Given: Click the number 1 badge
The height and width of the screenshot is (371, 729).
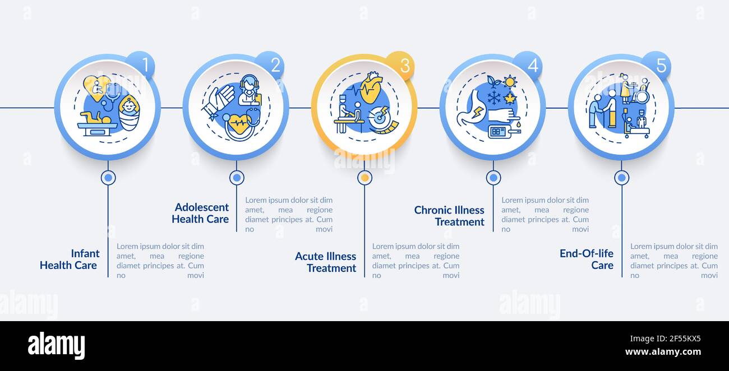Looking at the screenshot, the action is pos(141,64).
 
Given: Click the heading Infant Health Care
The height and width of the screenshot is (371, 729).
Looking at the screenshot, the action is pos(70,259).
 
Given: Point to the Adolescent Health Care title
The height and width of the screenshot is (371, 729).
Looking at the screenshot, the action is pos(201,213).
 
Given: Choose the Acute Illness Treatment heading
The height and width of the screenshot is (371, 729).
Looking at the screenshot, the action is pos(325,262).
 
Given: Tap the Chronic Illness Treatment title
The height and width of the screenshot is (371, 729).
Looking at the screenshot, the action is pos(449,216).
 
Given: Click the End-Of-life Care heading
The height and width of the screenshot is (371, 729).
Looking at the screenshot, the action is pos(587,259).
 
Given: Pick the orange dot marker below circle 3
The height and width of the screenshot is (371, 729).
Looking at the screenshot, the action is pos(365,178).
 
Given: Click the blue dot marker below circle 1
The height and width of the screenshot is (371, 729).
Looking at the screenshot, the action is pos(108,178).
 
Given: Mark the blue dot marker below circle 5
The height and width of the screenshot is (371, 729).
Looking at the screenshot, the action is pos(621,178).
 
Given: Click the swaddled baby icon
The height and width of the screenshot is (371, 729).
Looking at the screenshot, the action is pos(129,113).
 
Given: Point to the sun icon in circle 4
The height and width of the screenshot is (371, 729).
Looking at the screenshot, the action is pos(510,82).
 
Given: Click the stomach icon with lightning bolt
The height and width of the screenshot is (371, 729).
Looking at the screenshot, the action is pos(472,110).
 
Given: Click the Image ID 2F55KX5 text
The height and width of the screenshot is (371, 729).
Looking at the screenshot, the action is pos(665,338).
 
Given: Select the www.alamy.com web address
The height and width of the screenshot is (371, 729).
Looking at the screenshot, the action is pos(663,352).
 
